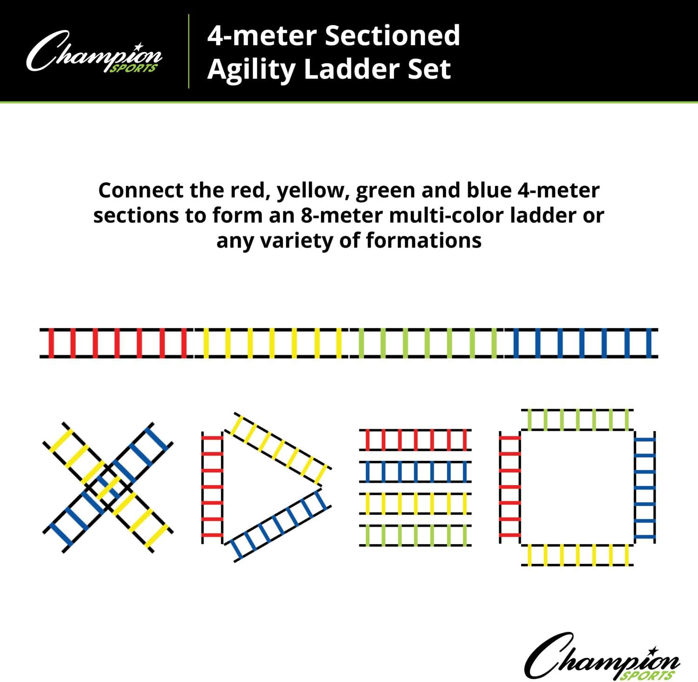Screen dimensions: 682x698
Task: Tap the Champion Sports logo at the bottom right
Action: point(602,657)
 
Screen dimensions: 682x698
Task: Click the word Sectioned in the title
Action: point(392,36)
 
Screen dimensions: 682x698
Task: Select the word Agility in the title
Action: point(252,70)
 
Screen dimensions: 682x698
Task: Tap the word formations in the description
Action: point(423,241)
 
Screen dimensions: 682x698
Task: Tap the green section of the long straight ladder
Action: point(427,343)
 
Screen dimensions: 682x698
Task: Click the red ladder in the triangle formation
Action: point(212,486)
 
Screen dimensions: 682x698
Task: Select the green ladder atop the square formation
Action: point(577,419)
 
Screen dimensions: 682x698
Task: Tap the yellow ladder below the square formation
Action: point(577,555)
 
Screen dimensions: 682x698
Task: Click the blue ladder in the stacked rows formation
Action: point(415,472)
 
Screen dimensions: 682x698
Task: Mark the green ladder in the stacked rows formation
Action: point(415,535)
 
